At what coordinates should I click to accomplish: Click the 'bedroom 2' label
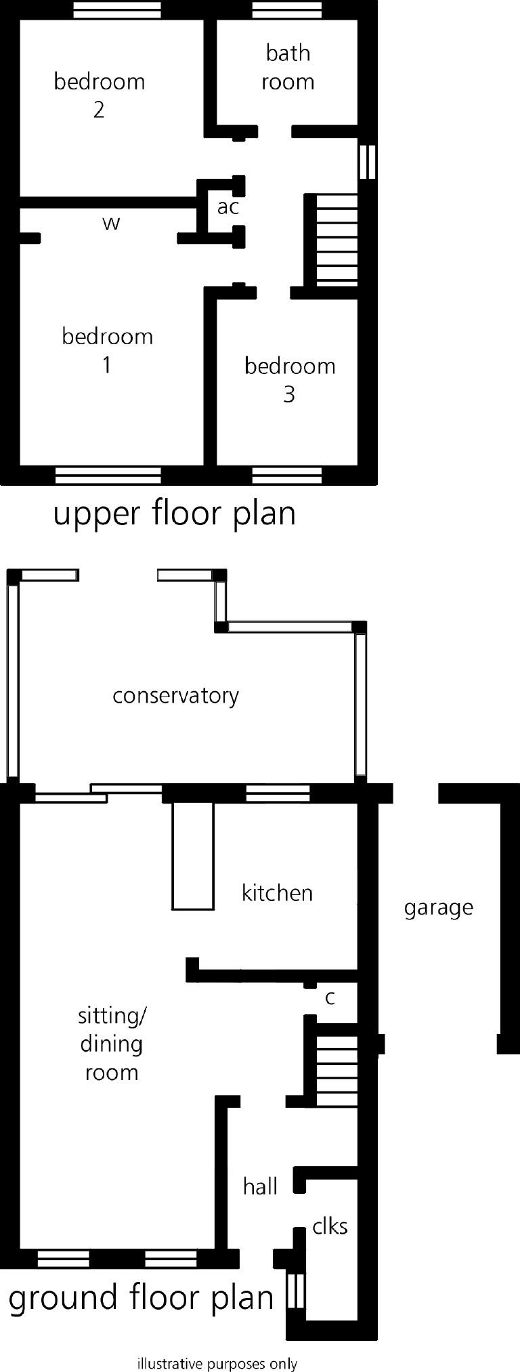click(99, 95)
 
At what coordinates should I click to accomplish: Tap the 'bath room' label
click(288, 67)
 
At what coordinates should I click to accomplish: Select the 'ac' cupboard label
click(228, 207)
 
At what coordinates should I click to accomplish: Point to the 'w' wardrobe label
click(111, 223)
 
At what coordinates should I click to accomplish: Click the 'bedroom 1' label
click(107, 350)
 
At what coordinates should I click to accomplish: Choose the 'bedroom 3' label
click(290, 379)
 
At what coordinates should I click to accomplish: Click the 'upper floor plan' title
click(175, 514)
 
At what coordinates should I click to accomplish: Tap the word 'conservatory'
click(175, 696)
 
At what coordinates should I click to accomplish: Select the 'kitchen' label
click(277, 892)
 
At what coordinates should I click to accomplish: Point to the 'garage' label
click(438, 907)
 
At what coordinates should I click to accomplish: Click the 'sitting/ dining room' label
click(112, 1043)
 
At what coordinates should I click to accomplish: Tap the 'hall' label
click(260, 1186)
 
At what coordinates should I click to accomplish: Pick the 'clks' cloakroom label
click(330, 1226)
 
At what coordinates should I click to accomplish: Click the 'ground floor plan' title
click(141, 1298)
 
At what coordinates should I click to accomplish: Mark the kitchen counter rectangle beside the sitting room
click(193, 856)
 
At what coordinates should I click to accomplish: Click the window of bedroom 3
click(287, 475)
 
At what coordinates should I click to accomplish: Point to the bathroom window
click(287, 10)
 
